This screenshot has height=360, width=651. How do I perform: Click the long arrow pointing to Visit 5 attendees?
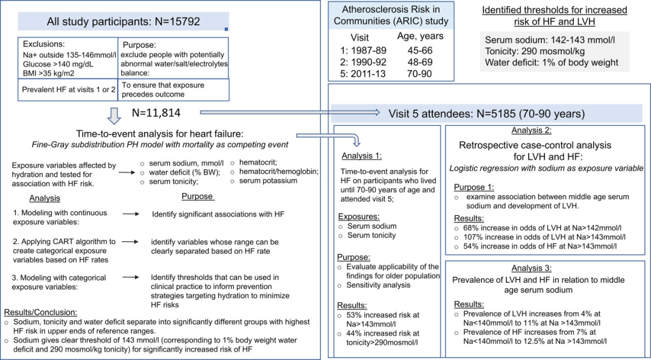coord(289,112)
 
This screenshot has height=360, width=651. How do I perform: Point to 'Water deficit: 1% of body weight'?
coord(552,63)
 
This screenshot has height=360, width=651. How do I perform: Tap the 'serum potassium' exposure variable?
coord(268,181)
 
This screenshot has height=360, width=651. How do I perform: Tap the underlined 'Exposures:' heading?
coord(358,216)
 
